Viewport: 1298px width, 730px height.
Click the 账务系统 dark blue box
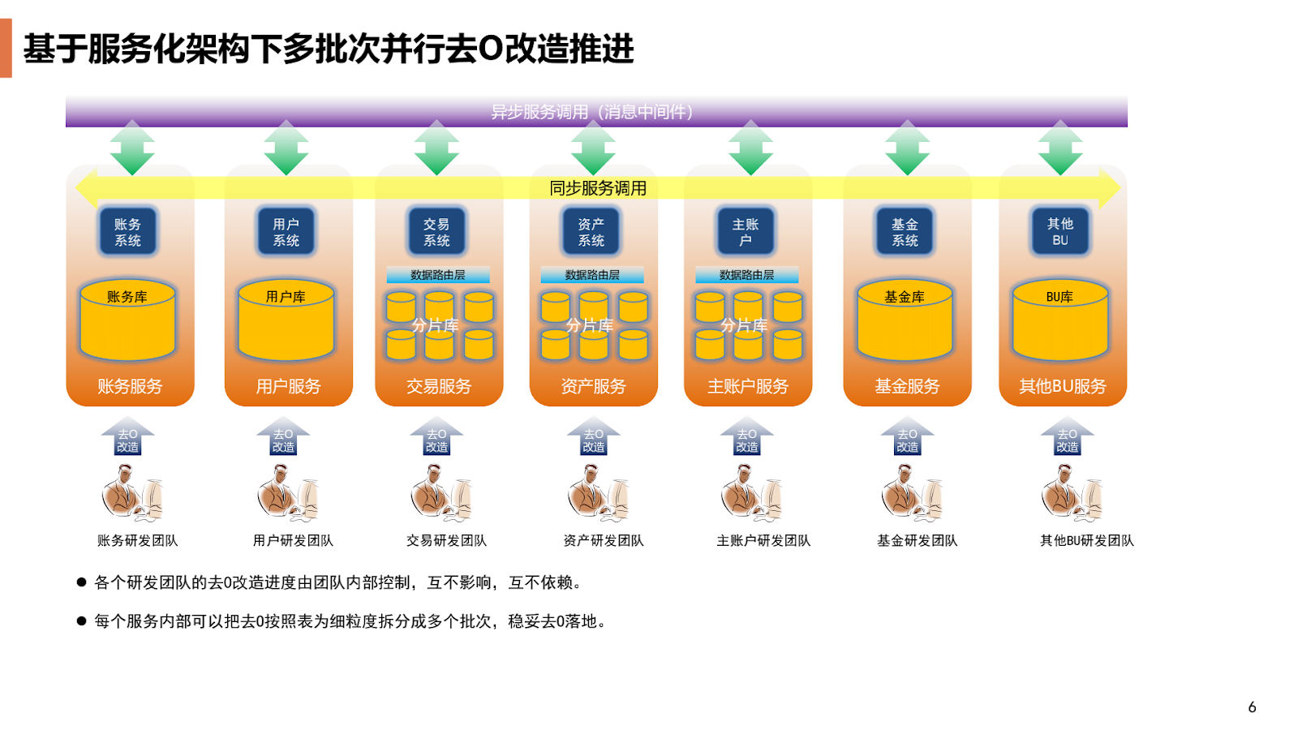[127, 232]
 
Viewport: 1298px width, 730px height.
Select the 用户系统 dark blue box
[286, 232]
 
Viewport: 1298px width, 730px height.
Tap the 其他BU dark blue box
[1059, 232]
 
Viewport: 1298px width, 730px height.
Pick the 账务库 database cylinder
[127, 321]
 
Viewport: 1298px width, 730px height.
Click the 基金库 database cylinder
[905, 321]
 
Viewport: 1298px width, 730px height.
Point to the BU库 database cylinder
[1059, 321]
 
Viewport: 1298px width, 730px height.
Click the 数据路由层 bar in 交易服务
[438, 275]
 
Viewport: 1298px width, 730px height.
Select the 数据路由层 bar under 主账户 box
[746, 275]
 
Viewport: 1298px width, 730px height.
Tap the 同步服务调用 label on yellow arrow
[598, 188]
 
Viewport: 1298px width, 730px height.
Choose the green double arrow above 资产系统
[593, 148]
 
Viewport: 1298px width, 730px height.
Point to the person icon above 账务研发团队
[131, 494]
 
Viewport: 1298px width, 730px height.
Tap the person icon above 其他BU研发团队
[1071, 494]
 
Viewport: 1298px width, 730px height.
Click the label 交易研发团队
[446, 540]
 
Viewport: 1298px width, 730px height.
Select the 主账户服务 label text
[747, 386]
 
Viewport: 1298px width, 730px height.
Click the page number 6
[1252, 707]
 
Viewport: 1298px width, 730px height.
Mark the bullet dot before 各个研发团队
[81, 582]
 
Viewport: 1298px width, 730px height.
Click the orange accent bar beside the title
[6, 48]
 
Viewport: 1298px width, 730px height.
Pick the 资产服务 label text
[593, 386]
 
